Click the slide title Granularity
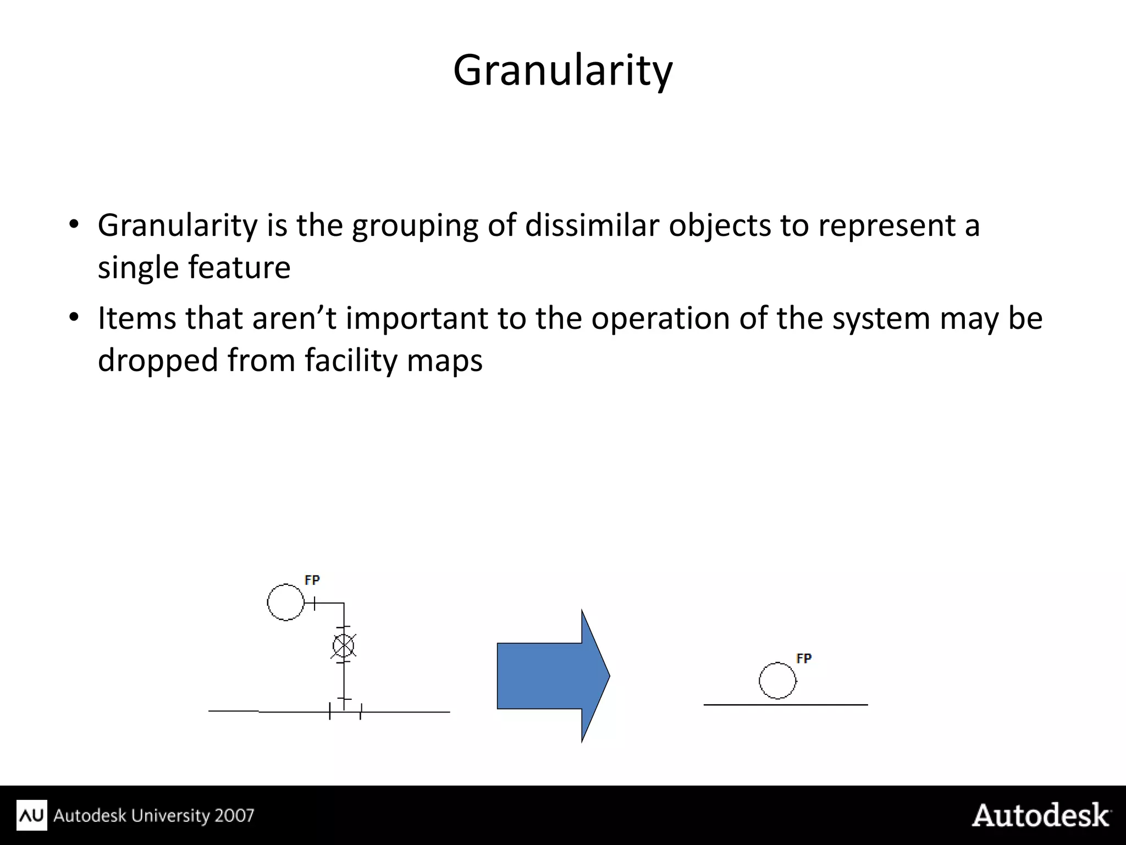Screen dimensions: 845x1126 point(562,71)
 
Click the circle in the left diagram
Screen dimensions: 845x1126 point(286,602)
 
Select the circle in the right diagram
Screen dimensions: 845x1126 point(777,681)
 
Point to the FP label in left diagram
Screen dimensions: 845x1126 point(312,580)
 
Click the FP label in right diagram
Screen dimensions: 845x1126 point(804,658)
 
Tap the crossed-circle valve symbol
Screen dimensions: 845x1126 point(344,646)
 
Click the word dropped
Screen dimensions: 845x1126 point(158,361)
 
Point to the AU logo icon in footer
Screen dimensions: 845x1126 point(32,815)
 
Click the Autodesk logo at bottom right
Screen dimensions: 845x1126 point(1041,815)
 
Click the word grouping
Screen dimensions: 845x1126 point(415,226)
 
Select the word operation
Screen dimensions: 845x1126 point(660,318)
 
